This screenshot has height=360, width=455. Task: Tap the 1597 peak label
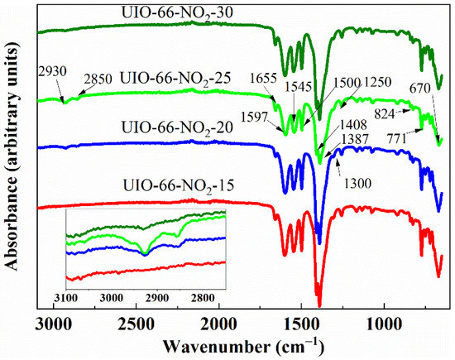[265, 117]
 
